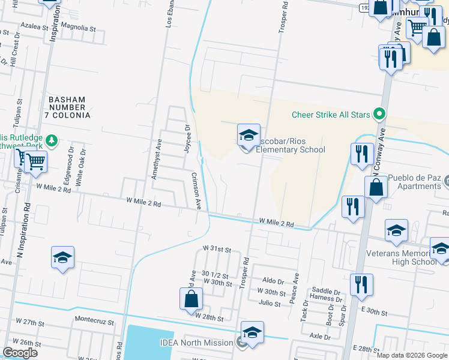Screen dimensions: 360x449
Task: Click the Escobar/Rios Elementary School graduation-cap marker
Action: coord(248,136)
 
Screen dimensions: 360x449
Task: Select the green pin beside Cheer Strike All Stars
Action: coord(379,113)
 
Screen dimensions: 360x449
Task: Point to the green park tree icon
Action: coord(52,140)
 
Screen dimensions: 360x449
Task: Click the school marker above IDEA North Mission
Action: coord(252,333)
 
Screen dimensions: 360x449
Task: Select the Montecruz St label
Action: coord(94,321)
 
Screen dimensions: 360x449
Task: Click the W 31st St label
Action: coord(217,248)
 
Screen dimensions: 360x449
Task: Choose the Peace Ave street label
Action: coord(296,288)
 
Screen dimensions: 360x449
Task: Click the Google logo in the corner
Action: coord(20,353)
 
